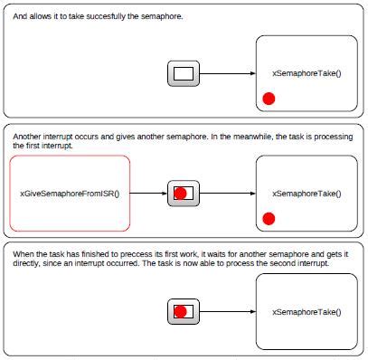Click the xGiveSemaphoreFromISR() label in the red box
coord(70,193)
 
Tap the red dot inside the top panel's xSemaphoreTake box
coord(269,99)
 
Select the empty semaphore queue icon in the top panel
coord(184,73)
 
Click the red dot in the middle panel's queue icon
coord(180,193)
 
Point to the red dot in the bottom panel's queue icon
coord(180,312)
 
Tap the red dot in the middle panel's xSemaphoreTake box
coord(269,218)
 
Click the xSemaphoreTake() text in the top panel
coord(307,73)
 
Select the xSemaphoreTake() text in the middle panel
coord(307,193)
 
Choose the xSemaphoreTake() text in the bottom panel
coord(307,312)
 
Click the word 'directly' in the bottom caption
coord(27,264)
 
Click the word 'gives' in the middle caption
coord(114,137)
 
